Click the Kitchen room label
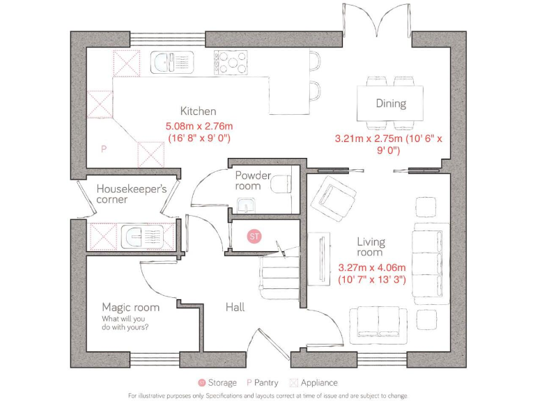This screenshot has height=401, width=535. click(x=198, y=111)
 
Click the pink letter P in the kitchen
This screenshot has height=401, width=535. click(x=103, y=149)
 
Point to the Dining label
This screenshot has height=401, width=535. click(x=390, y=104)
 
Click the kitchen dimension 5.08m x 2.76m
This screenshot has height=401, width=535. click(x=198, y=126)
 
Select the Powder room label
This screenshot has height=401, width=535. click(x=252, y=180)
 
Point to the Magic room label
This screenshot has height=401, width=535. click(x=130, y=307)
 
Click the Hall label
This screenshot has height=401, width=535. click(x=235, y=307)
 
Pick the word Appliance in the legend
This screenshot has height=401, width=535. click(x=319, y=382)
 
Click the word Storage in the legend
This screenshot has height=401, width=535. click(x=223, y=382)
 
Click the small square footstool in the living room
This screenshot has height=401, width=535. click(x=424, y=207)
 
